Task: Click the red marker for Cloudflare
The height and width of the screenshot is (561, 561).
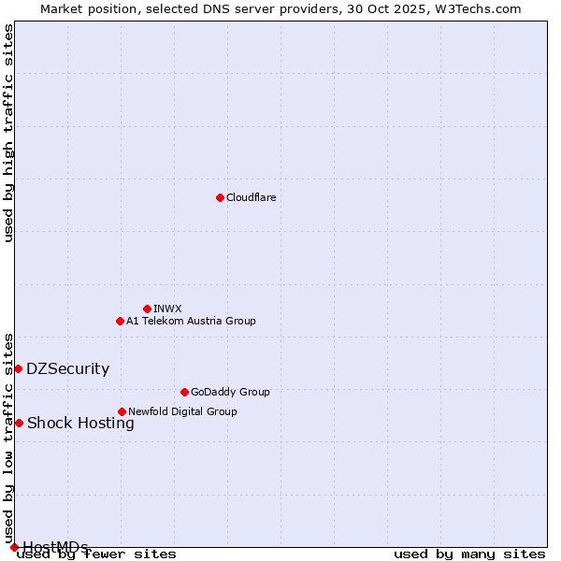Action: coord(220,197)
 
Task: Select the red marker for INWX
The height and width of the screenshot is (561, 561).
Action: coord(147,309)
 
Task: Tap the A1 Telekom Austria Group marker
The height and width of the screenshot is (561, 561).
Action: coord(120,321)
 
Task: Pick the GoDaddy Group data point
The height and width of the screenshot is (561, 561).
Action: coord(184,392)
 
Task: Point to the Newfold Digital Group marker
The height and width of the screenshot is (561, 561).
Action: coord(122,411)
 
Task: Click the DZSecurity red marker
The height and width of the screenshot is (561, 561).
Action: coord(18,368)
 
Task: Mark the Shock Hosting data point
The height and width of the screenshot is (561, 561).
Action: coord(19,423)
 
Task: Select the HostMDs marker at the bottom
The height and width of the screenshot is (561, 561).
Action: coord(14,547)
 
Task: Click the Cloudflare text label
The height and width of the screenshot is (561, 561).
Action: coord(252,197)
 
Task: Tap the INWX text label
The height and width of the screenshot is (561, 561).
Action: coord(168,309)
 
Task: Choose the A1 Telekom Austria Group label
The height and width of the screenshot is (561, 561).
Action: coord(191,321)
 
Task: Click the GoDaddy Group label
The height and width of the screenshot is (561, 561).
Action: coord(230,392)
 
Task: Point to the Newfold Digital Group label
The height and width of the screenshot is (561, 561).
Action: coord(182,411)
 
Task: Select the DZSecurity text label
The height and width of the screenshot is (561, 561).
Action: coord(67,368)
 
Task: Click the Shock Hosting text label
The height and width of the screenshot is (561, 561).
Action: coord(80,423)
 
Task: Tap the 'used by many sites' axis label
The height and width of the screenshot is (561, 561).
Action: coord(469,554)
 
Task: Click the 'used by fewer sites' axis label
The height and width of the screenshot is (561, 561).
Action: coord(97,554)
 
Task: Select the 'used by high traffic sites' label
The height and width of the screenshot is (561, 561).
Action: coord(9,133)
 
